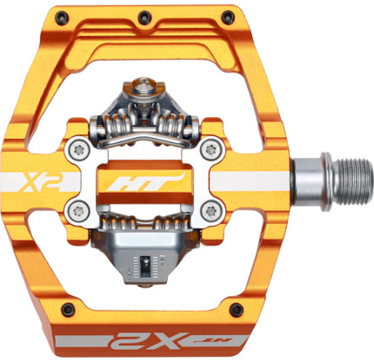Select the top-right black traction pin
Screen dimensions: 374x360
[x=228, y=18]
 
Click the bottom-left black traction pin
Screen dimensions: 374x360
[x=68, y=310]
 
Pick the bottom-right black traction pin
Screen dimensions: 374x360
[x=237, y=310]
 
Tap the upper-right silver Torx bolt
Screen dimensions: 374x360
[x=211, y=150]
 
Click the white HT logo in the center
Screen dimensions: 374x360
[x=146, y=182]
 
